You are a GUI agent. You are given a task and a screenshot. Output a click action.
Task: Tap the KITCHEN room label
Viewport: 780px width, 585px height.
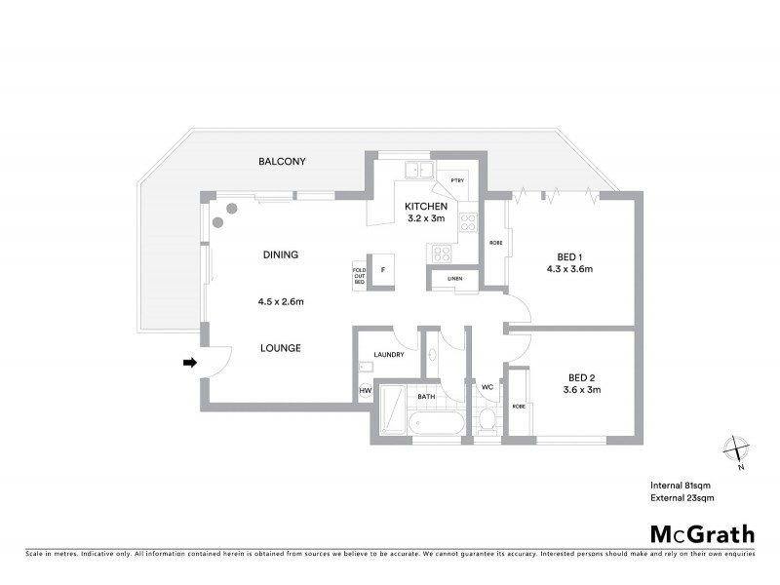(426, 207)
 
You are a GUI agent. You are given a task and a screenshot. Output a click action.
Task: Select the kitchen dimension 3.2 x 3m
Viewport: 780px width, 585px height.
(426, 219)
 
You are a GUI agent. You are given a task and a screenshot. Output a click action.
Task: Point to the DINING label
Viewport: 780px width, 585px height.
(280, 254)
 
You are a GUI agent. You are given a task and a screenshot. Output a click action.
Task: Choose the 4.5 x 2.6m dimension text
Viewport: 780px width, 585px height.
(280, 301)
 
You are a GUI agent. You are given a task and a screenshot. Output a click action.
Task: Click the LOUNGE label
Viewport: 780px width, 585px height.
(280, 348)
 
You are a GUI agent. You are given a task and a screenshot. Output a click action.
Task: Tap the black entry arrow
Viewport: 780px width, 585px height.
(190, 363)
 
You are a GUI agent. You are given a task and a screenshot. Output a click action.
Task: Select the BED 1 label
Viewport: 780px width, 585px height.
(570, 256)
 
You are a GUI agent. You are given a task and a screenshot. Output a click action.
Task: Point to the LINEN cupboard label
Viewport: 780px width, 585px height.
(454, 280)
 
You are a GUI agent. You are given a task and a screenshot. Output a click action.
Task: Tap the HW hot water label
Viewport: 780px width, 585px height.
(366, 391)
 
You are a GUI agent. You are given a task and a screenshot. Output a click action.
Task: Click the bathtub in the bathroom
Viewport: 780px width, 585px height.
(438, 424)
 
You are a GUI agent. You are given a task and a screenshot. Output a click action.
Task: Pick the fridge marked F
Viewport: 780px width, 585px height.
(382, 269)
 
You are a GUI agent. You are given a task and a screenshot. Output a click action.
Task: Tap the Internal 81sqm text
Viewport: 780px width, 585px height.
(682, 485)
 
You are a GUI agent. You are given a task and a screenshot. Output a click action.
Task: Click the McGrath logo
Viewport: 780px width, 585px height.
(702, 532)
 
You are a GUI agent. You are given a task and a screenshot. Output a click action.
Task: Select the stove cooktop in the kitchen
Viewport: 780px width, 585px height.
(442, 253)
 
